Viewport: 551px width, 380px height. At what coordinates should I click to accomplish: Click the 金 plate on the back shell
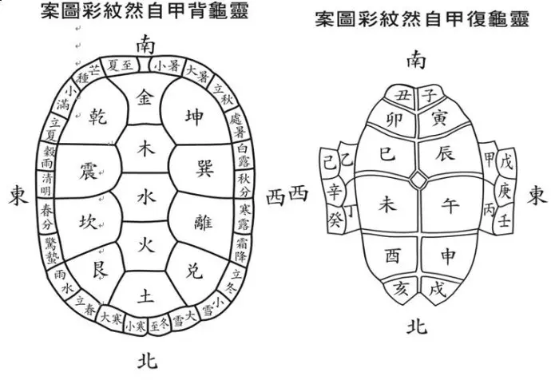[145, 100]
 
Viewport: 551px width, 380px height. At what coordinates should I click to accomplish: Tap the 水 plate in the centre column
[144, 194]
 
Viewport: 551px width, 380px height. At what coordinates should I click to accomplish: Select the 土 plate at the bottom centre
[145, 295]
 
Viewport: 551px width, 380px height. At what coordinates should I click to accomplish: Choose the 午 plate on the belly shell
[451, 206]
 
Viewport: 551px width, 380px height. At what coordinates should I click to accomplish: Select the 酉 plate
[393, 256]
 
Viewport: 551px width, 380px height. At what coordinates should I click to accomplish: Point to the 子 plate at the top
[429, 96]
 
